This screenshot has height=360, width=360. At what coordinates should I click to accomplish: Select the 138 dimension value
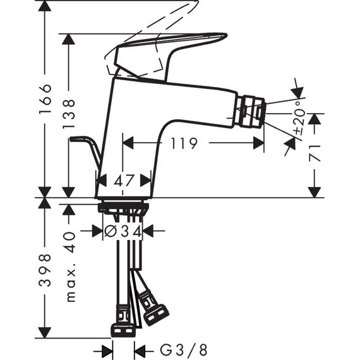click(69, 115)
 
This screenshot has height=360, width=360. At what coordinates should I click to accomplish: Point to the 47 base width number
click(125, 181)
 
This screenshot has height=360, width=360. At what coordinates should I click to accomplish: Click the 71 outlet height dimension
click(316, 154)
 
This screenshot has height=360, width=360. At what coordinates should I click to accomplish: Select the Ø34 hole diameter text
click(123, 231)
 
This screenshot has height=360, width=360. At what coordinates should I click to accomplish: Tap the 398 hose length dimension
click(44, 270)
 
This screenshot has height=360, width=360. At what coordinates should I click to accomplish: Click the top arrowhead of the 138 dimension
click(69, 39)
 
